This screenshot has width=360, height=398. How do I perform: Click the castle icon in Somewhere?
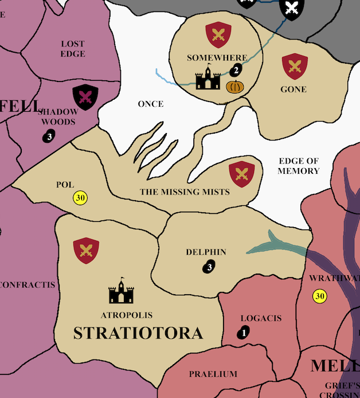point(208,79)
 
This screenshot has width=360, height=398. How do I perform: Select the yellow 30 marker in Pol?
point(80,198)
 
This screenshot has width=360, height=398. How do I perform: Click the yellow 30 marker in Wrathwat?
point(319,296)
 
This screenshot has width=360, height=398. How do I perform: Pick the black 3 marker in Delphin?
point(209,267)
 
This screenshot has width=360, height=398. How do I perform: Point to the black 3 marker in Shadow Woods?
point(49,136)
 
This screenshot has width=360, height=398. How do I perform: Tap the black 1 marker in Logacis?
point(244,332)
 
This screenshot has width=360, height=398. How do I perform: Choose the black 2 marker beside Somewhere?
point(235,71)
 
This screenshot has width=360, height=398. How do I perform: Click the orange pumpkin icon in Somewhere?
point(234,87)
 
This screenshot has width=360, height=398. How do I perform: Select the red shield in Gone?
point(295,66)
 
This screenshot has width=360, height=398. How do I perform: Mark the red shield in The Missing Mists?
point(242,174)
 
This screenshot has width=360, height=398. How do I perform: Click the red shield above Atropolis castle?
point(86,251)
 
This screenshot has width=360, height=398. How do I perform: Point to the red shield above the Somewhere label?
point(218,34)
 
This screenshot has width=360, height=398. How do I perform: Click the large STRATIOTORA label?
point(138,333)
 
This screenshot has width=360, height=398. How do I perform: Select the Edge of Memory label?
point(298,166)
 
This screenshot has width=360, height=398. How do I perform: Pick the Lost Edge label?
point(73,49)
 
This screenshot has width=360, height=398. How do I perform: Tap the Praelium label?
point(213,374)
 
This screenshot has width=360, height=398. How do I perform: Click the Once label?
point(151,104)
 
